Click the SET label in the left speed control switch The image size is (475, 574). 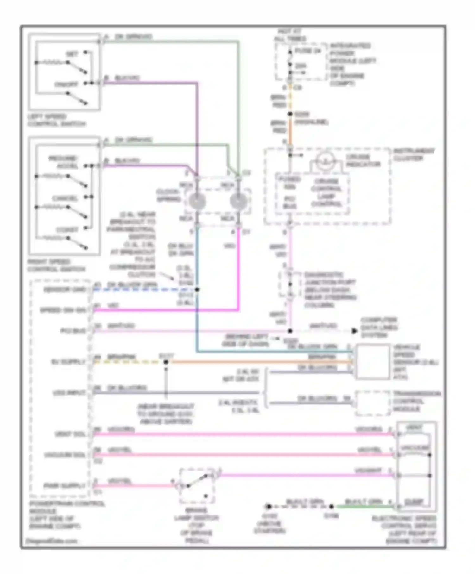point(72,54)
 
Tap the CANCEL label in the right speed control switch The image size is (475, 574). point(65,199)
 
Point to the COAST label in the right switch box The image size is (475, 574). point(67,230)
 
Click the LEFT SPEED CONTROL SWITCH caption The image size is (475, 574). point(56,120)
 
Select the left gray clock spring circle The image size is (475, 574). point(197,201)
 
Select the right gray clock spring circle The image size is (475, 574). point(238,201)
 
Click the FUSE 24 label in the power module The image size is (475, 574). point(308,51)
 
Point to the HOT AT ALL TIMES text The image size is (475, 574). point(290,35)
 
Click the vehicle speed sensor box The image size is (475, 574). point(373,362)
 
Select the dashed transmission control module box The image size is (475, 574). point(372,403)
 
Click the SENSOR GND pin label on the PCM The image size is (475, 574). point(65,290)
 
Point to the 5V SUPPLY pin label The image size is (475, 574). point(69,362)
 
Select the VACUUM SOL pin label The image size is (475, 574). point(65,455)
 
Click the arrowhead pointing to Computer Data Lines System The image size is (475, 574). point(354,331)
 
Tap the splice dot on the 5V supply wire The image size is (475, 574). point(166,362)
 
